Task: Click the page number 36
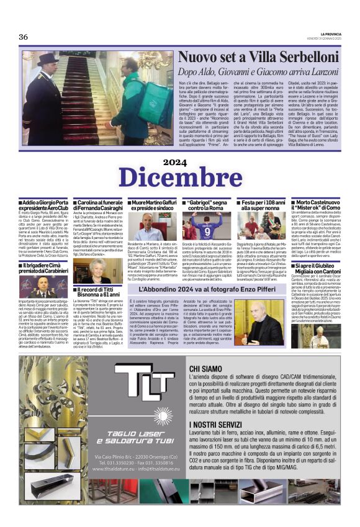coord(23,37)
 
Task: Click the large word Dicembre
coord(180,177)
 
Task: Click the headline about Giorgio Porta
coord(45,206)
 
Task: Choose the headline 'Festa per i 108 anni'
coord(263,206)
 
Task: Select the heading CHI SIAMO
coord(206,369)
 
